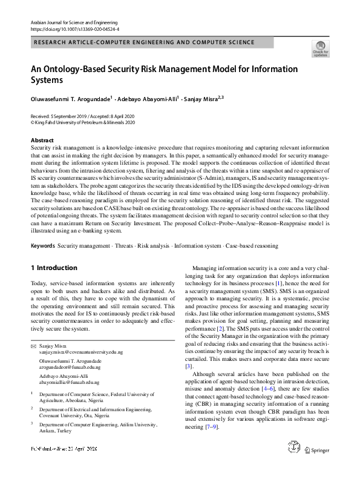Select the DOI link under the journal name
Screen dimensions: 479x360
pos(71,28)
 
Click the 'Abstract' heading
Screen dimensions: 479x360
pos(42,140)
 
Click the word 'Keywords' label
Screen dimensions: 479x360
pos(42,246)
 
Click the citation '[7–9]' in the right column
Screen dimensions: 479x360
pos(212,428)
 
